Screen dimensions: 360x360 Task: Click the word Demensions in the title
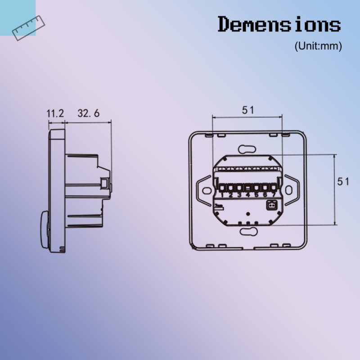(x=279, y=24)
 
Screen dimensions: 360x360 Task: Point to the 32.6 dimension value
(x=88, y=113)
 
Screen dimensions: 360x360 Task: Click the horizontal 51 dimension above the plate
(x=247, y=110)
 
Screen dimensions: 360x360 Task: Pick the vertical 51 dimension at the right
(x=344, y=181)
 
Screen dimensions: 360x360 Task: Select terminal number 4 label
(x=247, y=195)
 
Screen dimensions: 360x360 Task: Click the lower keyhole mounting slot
(x=247, y=231)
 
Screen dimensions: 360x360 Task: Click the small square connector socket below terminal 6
(x=272, y=206)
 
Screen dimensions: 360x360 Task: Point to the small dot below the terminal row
(x=247, y=213)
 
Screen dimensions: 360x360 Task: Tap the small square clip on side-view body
(x=104, y=184)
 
